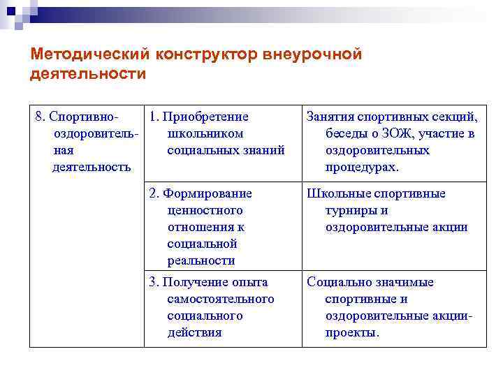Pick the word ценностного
pos(205,211)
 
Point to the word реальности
pos(201,261)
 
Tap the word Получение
pos(200,283)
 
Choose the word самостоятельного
pos(221,300)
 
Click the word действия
pos(194,333)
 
